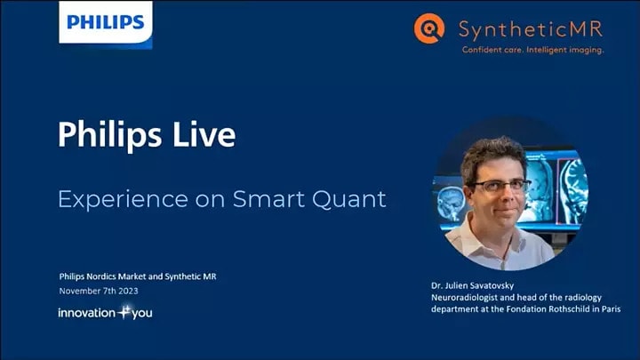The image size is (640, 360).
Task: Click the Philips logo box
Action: [x=106, y=22]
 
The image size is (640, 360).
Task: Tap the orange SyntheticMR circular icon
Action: [x=428, y=28]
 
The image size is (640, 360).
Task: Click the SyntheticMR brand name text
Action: [x=532, y=28]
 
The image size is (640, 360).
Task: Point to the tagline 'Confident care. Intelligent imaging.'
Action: [x=532, y=51]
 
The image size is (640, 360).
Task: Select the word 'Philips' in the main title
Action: [x=109, y=135]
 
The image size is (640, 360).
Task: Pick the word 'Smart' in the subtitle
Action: [x=266, y=198]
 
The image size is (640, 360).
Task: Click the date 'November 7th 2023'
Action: [x=99, y=291]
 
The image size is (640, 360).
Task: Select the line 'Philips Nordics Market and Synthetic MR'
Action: [x=138, y=276]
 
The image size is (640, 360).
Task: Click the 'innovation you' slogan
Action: [x=105, y=313]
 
